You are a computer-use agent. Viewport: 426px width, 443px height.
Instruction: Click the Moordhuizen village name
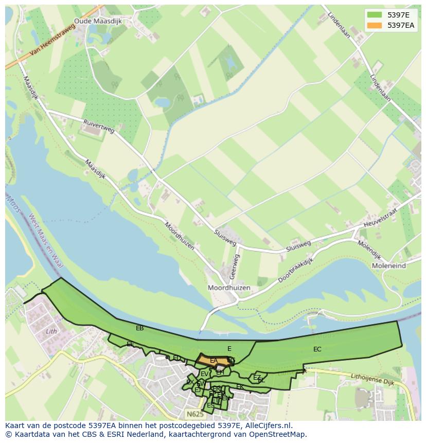coord(228,288)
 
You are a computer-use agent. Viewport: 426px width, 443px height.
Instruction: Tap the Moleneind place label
coord(388,266)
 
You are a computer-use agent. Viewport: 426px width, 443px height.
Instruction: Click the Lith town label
coord(51,331)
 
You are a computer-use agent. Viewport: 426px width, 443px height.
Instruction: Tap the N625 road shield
coord(195,414)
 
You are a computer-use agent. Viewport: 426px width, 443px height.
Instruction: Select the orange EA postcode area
coord(212,360)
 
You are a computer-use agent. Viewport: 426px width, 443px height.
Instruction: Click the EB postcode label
coord(139,328)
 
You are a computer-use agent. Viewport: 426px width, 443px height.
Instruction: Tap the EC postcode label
coord(317,349)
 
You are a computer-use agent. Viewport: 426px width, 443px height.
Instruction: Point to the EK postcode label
coord(239,386)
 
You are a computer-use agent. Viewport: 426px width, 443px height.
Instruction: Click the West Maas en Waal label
coord(45,241)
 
